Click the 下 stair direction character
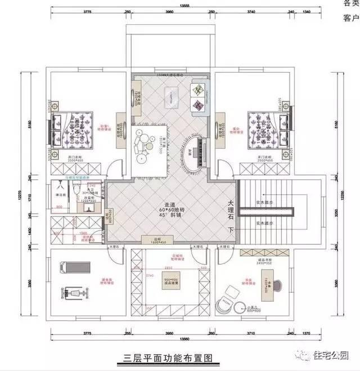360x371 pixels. [230, 230]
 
